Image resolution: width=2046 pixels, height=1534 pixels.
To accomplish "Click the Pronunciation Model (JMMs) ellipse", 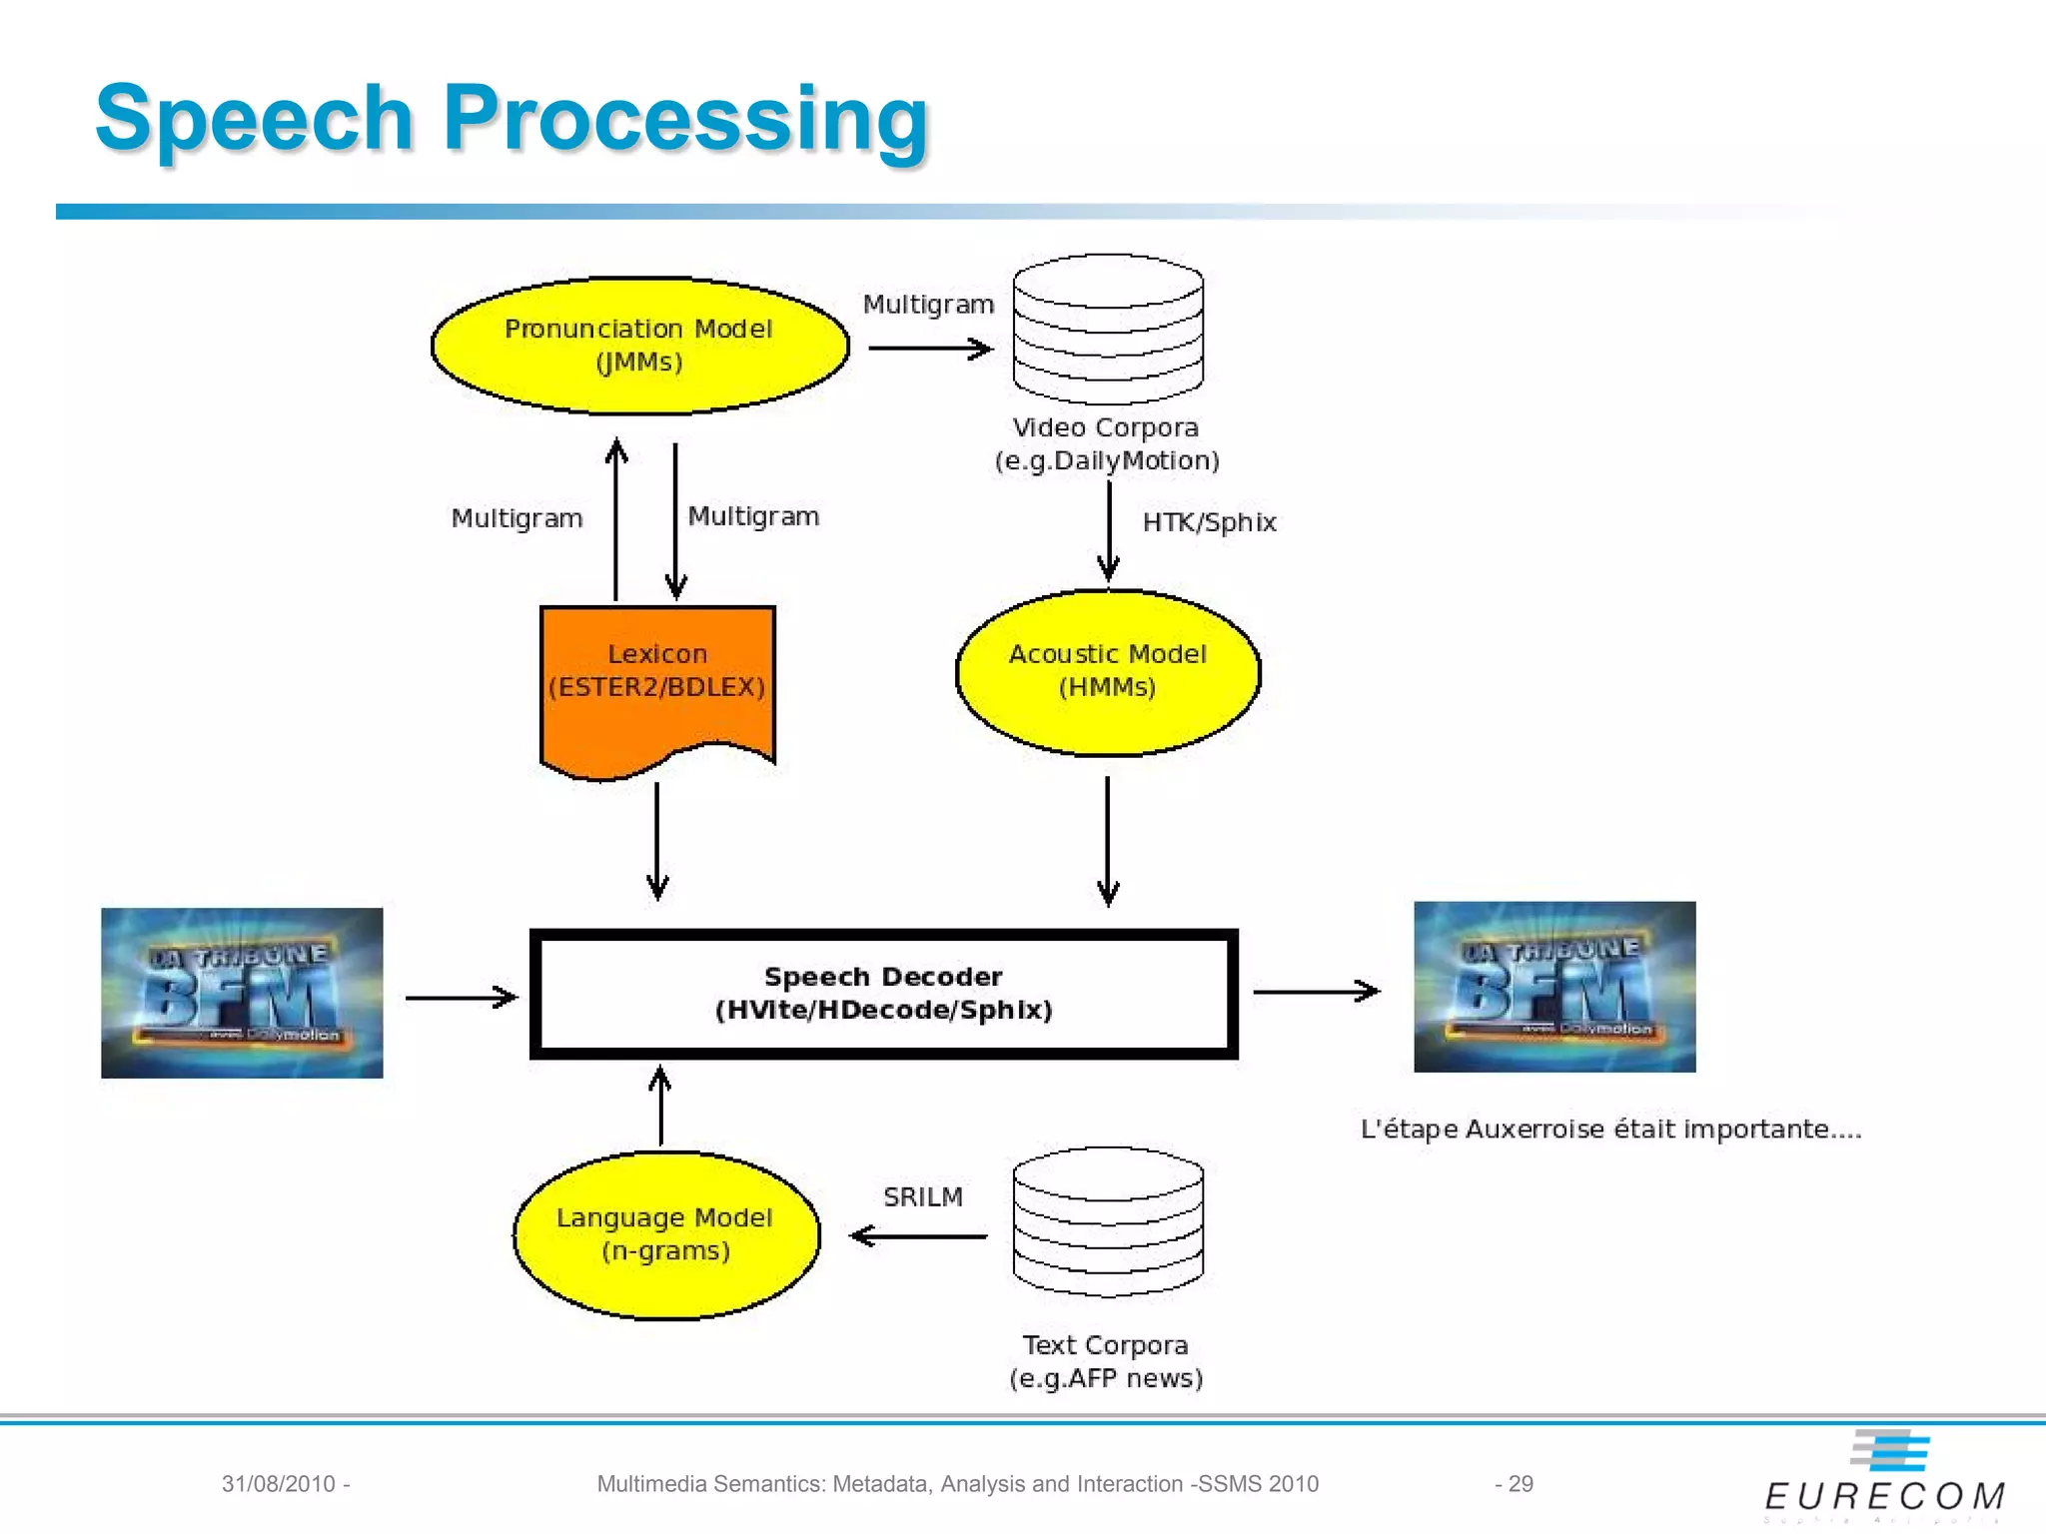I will (x=639, y=345).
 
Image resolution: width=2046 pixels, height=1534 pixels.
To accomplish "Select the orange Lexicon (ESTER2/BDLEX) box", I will (x=657, y=689).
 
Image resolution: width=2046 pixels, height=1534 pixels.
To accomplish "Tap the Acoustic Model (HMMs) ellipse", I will (x=1107, y=671).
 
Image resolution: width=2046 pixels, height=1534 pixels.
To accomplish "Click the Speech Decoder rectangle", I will (x=883, y=994).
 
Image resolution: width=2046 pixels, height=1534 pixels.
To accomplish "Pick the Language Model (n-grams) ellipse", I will (x=665, y=1234).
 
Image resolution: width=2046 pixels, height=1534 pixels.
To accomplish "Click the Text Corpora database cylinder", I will (x=1107, y=1222).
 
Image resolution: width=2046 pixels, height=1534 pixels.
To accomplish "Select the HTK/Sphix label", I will (x=1209, y=522).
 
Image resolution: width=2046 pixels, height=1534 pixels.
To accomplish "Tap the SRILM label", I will (x=922, y=1196).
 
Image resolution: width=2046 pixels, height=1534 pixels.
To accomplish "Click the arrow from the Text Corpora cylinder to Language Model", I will (x=917, y=1236).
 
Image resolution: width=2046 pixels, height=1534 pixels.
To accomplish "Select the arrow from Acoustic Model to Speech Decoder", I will (x=1107, y=841).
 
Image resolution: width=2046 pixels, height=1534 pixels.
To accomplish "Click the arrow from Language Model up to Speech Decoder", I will (x=660, y=1107).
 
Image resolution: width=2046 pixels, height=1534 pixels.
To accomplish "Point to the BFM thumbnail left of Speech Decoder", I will (x=242, y=993).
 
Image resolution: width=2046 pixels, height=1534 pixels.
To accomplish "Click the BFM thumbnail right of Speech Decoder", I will (x=1554, y=987).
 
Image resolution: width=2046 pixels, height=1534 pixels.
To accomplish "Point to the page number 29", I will (x=1520, y=1484).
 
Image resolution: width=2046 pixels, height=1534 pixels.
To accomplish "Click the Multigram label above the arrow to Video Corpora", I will (x=928, y=305).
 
